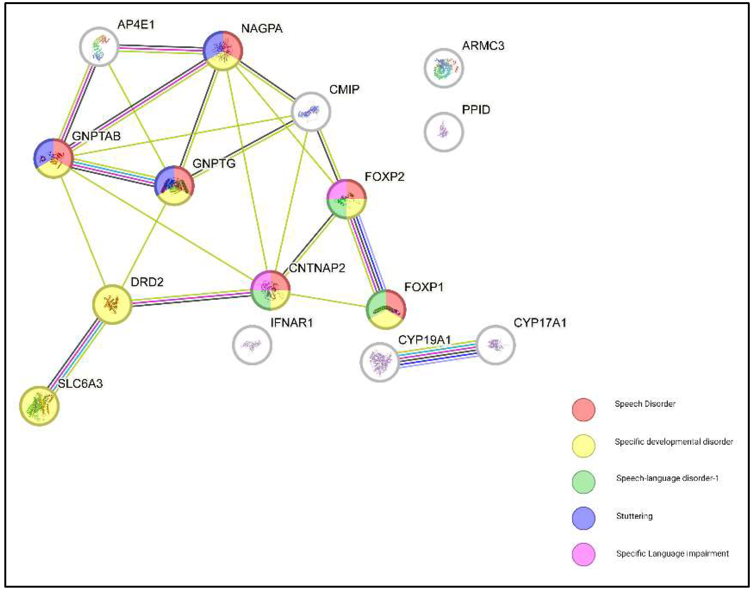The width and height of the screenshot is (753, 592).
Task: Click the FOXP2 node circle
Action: (x=346, y=199)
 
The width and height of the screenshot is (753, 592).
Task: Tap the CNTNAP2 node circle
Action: (x=270, y=290)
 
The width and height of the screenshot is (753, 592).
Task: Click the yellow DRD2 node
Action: (x=112, y=304)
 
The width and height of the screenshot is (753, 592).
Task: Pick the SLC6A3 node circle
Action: (x=39, y=406)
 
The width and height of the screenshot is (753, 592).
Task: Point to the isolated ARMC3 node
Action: (x=443, y=68)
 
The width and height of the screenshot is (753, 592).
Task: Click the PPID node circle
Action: (x=443, y=132)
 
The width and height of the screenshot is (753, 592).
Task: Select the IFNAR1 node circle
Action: (x=252, y=345)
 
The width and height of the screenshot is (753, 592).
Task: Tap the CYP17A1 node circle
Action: (x=496, y=345)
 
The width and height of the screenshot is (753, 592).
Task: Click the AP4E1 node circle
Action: (x=100, y=46)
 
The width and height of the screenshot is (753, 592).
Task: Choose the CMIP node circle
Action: (x=311, y=112)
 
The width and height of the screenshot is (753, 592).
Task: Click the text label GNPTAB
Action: (x=96, y=136)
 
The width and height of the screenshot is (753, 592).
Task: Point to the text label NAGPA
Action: (x=262, y=28)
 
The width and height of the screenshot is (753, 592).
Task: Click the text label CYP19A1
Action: (x=424, y=340)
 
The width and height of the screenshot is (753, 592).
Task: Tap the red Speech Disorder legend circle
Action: (x=583, y=410)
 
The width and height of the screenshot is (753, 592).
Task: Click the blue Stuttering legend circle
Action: (x=583, y=518)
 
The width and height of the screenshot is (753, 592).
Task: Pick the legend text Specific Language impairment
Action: (x=672, y=553)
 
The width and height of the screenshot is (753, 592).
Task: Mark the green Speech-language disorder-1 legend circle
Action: (x=583, y=482)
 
